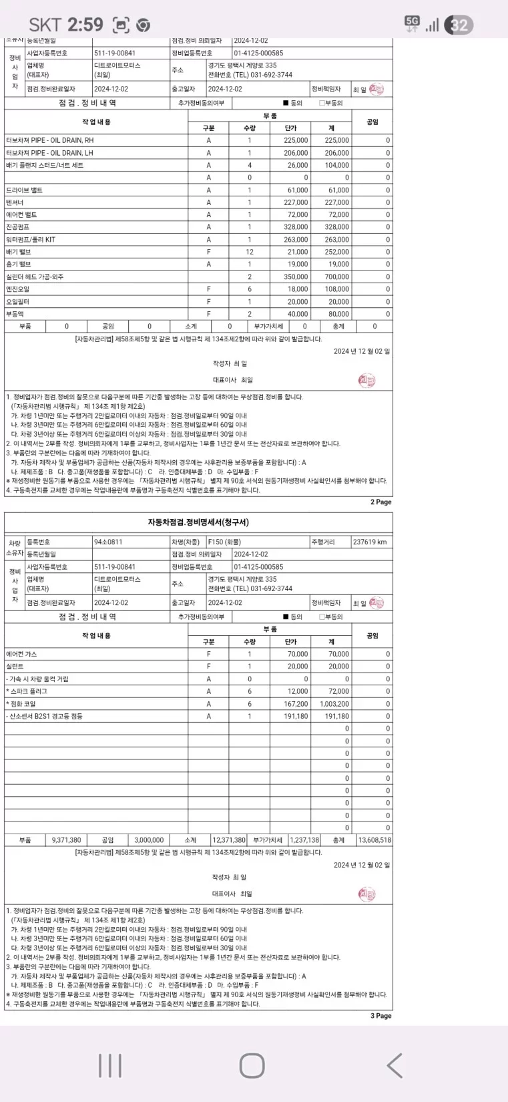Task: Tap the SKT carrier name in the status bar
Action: tap(45, 25)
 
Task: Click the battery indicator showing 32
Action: tap(459, 25)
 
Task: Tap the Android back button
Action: tap(395, 1065)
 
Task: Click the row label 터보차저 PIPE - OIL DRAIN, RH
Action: tap(50, 141)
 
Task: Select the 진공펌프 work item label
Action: tap(18, 227)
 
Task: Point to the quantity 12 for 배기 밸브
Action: tap(250, 252)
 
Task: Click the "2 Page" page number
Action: tap(380, 502)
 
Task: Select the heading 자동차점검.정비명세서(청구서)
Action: tap(198, 522)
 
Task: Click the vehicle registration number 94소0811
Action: tap(108, 542)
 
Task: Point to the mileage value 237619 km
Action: tap(369, 542)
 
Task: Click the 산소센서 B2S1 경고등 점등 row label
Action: tap(45, 716)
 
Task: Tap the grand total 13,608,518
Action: tap(374, 840)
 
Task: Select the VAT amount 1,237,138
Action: tap(304, 840)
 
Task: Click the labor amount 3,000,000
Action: tap(149, 840)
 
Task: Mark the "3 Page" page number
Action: tap(380, 1016)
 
